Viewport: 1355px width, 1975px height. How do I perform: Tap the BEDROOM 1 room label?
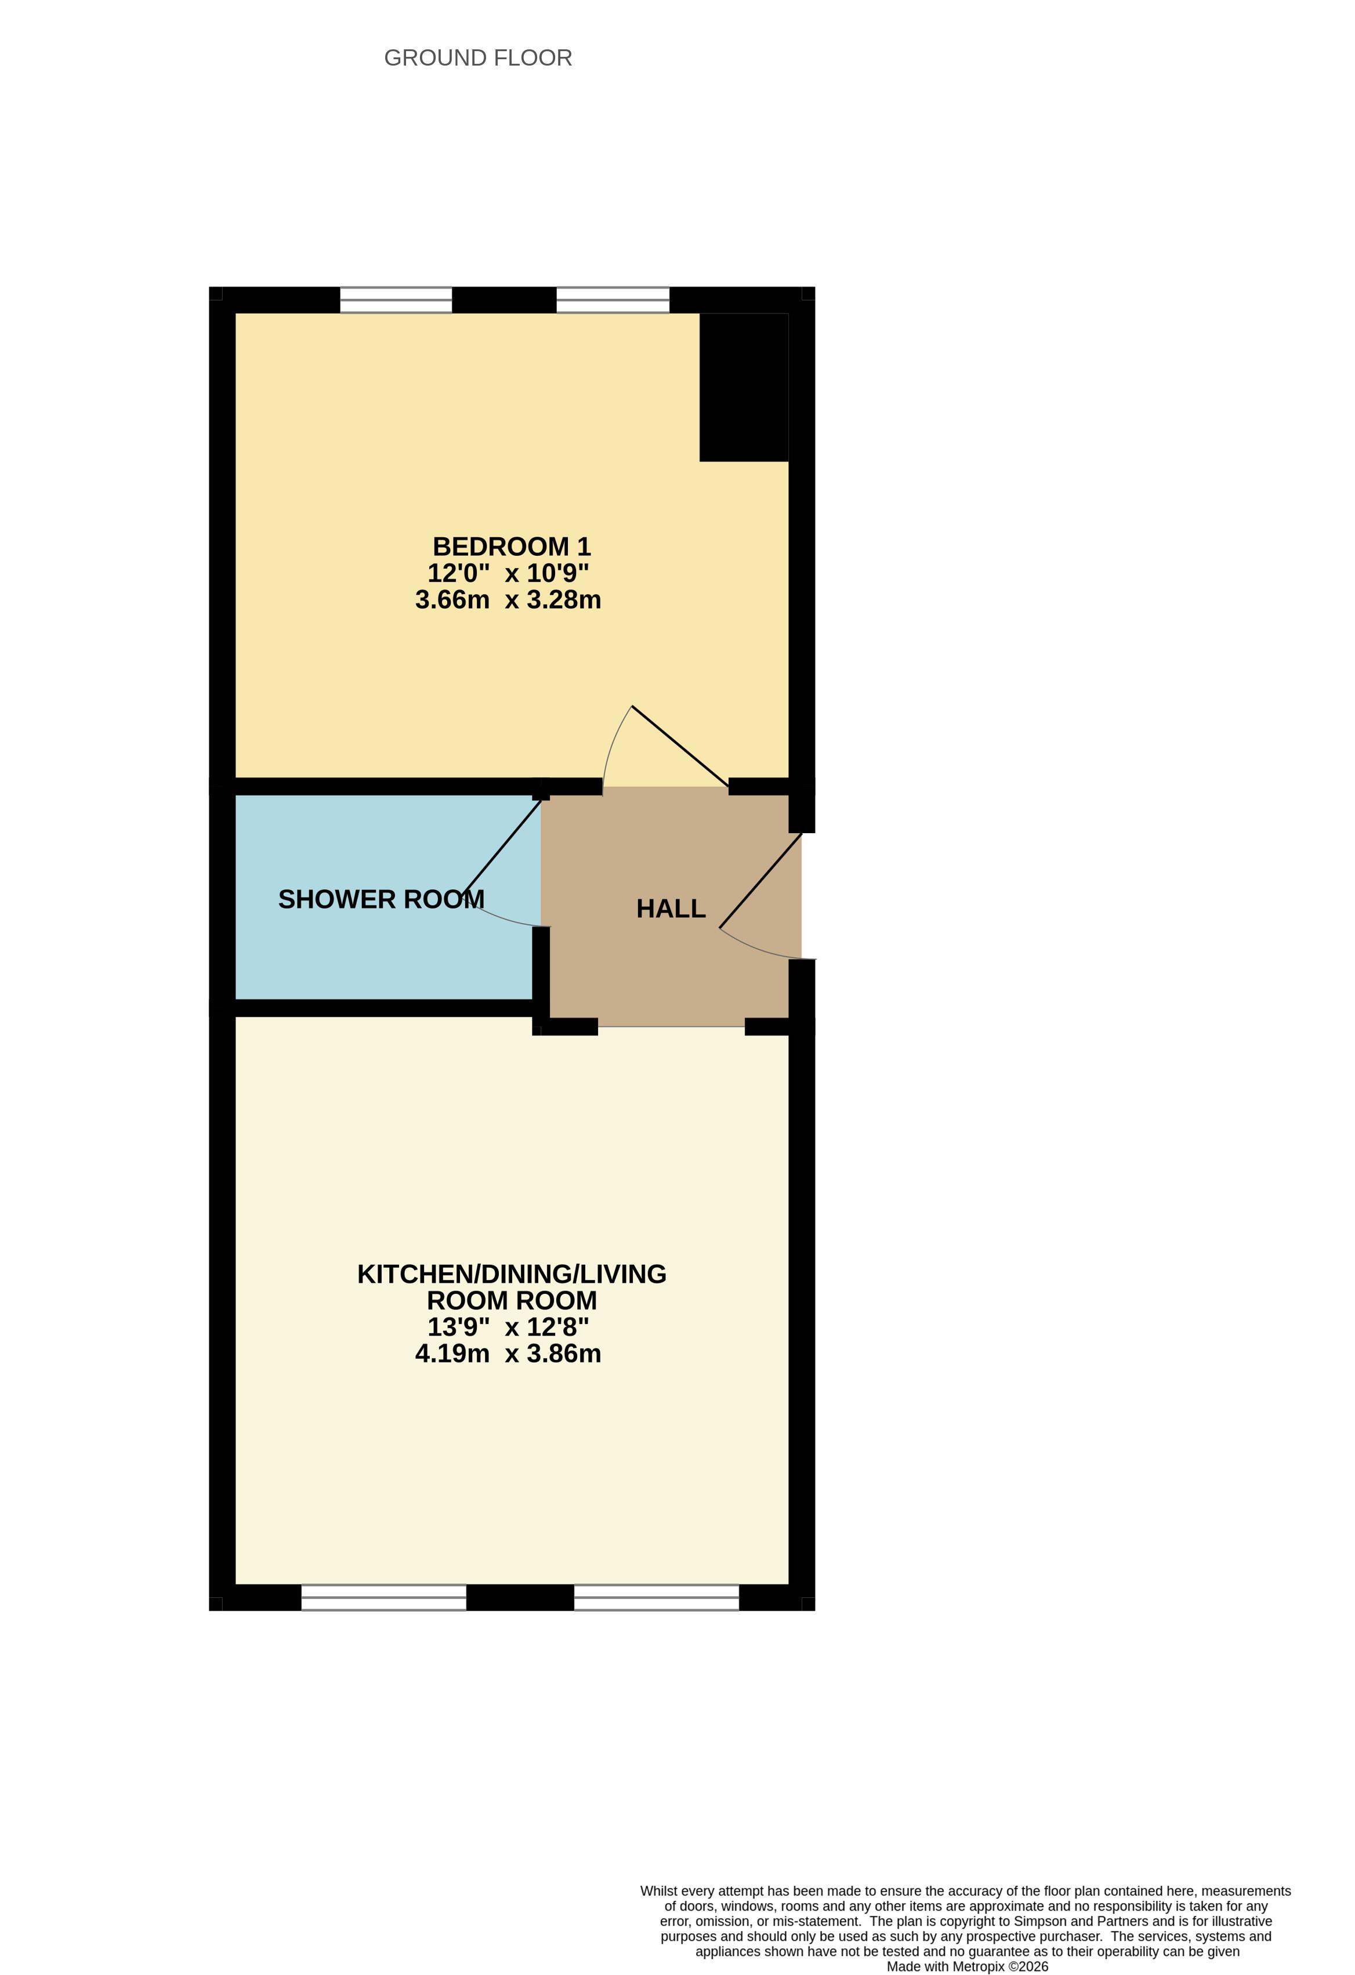click(x=512, y=547)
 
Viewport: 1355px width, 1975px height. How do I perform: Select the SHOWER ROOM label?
click(x=382, y=899)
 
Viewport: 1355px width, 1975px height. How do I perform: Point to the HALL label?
click(x=671, y=909)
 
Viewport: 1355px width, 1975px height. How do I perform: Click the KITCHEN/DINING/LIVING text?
click(x=512, y=1274)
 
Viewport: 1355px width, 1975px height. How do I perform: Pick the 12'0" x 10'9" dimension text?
click(x=508, y=573)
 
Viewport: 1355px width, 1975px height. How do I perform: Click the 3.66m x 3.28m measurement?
click(x=508, y=600)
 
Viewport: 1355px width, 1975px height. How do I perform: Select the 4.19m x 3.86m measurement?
click(x=508, y=1354)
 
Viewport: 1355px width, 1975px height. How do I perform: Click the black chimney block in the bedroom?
click(x=744, y=388)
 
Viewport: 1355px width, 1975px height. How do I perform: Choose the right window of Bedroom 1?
click(x=613, y=300)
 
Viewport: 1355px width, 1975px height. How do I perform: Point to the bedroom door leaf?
click(x=680, y=746)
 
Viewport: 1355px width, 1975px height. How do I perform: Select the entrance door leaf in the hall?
click(x=760, y=880)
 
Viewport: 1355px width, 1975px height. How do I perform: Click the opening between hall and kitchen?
click(x=671, y=1026)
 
